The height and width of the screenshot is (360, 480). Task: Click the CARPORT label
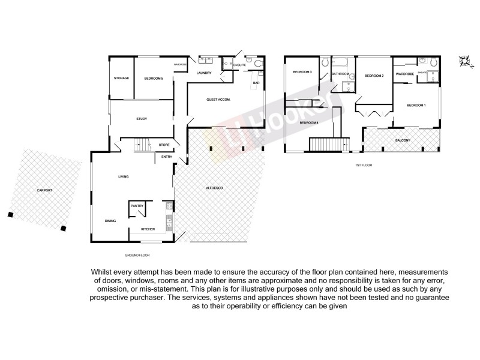point(44,190)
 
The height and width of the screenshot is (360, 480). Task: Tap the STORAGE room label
point(121,78)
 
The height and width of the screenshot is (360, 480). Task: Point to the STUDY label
point(142,119)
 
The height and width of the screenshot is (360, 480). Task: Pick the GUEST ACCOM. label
point(218,99)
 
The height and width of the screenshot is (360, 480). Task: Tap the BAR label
point(256,83)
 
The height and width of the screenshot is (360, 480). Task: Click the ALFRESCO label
point(214,189)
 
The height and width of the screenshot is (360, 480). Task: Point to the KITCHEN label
point(148,229)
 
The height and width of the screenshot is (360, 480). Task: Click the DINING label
point(110,221)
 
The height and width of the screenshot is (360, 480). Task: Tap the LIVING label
point(123,176)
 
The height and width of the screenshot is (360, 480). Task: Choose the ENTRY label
point(167,157)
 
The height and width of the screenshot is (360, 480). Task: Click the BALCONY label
point(403,140)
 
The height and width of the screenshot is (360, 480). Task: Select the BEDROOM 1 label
point(416,106)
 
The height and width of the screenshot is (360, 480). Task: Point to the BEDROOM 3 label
point(302,73)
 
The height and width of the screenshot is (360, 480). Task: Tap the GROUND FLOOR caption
point(133,256)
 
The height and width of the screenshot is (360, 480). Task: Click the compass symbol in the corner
point(464,59)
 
